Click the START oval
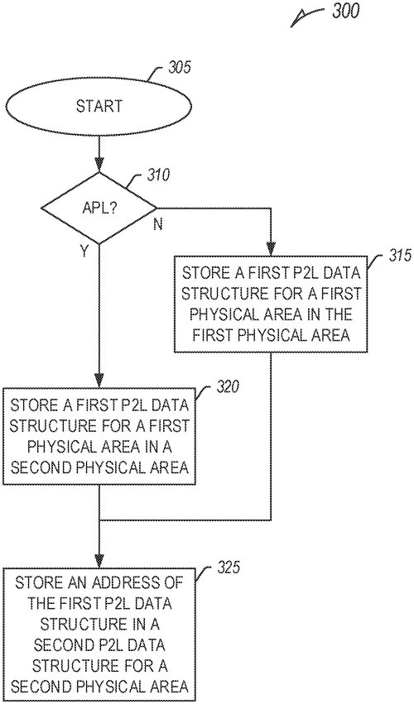(99, 107)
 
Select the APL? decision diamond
(99, 208)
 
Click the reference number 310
(158, 175)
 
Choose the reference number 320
(227, 386)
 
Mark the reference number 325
(227, 567)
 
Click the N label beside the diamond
(158, 223)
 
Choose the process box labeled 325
(99, 633)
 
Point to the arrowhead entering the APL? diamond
(99, 166)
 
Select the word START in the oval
(99, 107)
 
